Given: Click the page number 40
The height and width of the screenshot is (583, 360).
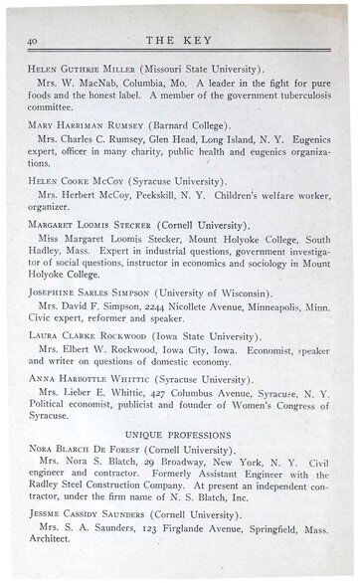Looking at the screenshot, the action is [33, 39].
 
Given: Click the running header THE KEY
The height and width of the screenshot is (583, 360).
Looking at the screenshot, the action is [181, 39].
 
